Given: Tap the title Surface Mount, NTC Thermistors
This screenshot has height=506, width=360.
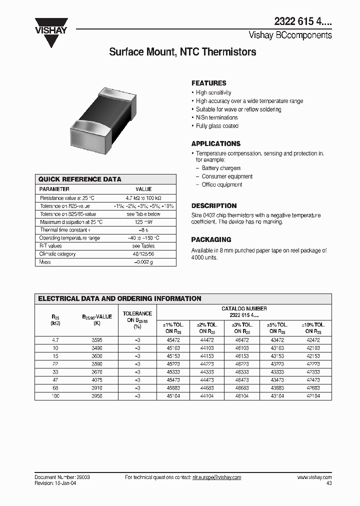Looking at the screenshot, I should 182,52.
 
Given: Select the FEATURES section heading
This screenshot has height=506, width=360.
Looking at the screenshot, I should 209,83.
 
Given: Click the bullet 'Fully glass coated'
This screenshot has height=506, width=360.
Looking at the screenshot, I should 217,126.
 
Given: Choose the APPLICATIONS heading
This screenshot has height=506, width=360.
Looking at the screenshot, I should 216,143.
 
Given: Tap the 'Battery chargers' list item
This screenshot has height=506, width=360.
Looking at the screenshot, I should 221,168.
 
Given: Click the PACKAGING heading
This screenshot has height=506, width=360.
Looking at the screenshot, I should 211,239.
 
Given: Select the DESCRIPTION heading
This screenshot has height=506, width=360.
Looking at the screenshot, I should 214,205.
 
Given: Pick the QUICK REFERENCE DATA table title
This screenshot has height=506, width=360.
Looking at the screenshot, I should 80,179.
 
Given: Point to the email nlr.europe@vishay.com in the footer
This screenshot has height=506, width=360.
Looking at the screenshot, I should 216,477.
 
